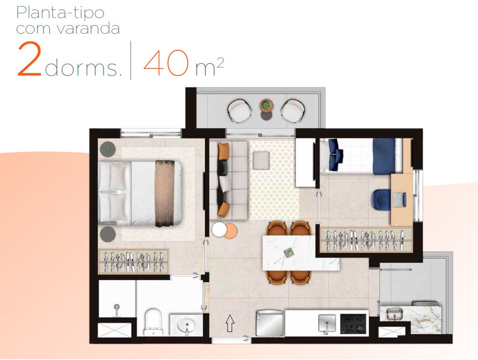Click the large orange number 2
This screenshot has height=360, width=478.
[30, 60]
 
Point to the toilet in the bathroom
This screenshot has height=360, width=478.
[152, 321]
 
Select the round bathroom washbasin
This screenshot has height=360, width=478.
[186, 325]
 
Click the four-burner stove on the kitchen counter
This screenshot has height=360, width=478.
[353, 323]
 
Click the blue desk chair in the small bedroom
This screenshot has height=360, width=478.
[383, 199]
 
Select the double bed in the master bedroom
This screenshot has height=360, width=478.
[140, 192]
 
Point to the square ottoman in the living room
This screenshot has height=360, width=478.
[261, 160]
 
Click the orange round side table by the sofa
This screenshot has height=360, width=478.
[229, 230]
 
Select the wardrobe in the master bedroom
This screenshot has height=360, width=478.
[134, 261]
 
